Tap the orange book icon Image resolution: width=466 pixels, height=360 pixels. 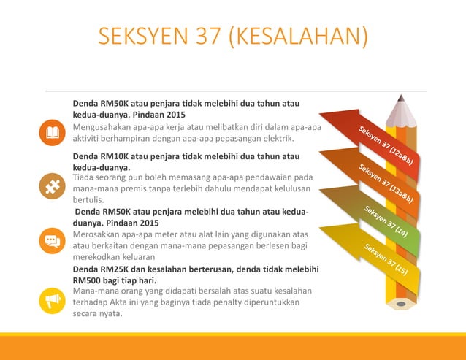tap(53, 132)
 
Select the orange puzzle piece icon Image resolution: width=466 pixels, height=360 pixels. tap(53, 187)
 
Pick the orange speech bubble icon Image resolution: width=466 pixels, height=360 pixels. tap(53, 240)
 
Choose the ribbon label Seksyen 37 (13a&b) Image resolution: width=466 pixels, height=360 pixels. tap(387, 183)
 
